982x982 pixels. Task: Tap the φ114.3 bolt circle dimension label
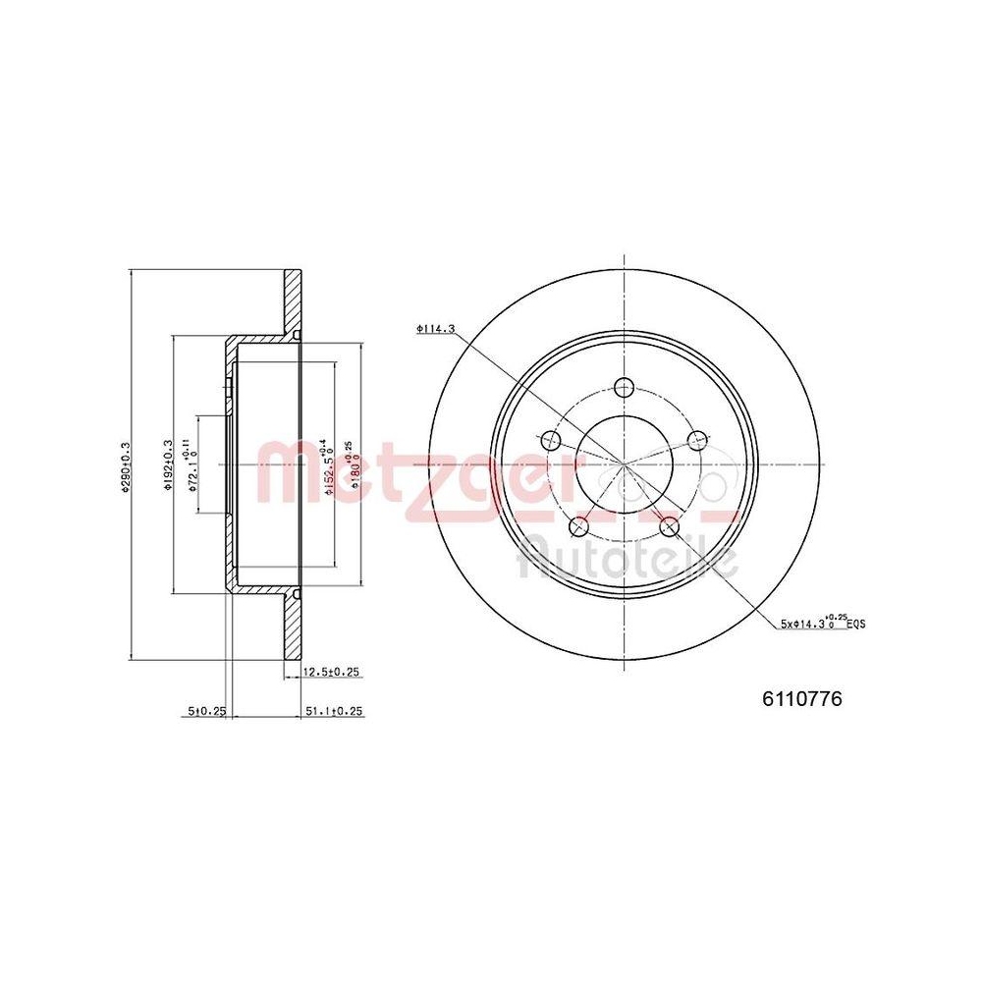[x=435, y=330]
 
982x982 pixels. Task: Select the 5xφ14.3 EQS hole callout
[x=822, y=622]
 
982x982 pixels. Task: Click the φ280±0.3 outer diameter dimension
[x=127, y=469]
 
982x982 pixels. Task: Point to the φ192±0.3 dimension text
[x=168, y=464]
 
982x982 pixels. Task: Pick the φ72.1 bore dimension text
[x=193, y=465]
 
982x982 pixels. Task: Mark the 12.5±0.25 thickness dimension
[x=332, y=672]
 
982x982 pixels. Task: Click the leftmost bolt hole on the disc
[x=552, y=439]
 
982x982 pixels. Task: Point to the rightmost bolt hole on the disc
[x=697, y=439]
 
